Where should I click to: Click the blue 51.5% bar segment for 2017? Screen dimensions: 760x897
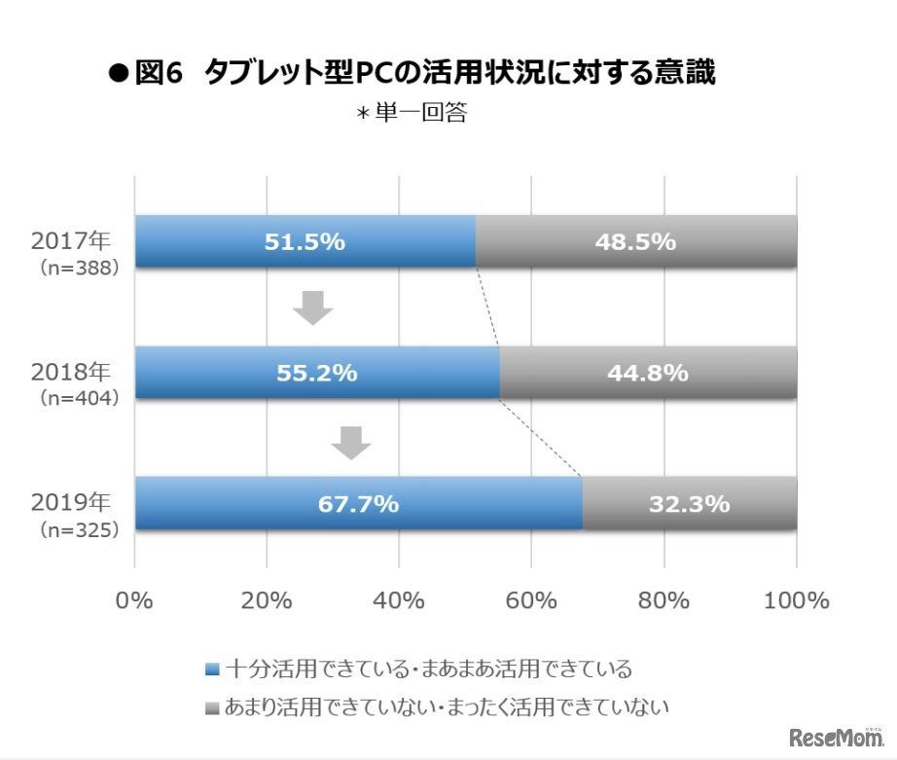click(x=305, y=241)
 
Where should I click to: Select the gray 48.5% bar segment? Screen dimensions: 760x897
click(x=636, y=241)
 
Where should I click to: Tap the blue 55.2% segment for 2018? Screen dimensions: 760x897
click(x=317, y=373)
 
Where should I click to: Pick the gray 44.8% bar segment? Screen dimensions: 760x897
click(x=648, y=373)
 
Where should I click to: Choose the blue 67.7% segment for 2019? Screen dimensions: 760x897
click(x=358, y=503)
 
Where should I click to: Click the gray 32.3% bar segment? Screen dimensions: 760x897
click(x=690, y=503)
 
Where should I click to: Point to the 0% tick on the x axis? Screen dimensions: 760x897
click(x=134, y=600)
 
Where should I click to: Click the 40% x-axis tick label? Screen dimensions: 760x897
click(x=399, y=600)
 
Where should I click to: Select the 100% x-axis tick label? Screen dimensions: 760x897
click(x=795, y=600)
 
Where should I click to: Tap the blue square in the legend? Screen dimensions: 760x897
click(x=214, y=670)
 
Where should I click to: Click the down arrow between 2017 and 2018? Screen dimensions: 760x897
click(x=313, y=307)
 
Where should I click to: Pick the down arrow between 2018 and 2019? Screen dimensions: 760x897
click(x=351, y=443)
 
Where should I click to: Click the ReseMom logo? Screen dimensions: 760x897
click(x=837, y=737)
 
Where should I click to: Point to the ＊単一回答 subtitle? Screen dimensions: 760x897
click(x=412, y=114)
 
